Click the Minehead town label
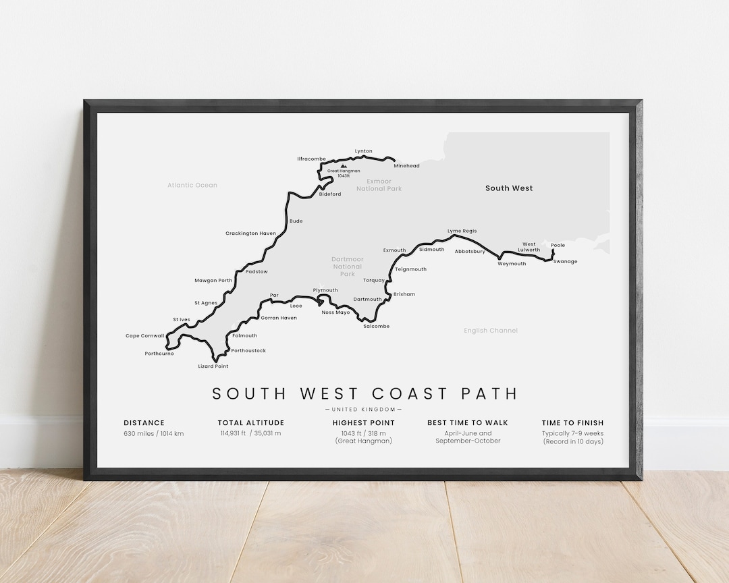407,166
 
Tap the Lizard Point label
213,366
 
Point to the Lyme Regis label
462,231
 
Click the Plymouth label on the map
325,290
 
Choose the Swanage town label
565,262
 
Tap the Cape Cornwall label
144,336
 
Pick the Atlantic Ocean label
192,185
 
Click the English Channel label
491,331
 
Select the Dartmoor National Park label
348,267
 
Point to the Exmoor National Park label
383,185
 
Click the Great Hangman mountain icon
344,165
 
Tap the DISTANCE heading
144,423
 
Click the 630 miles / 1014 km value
153,433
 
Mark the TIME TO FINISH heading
572,423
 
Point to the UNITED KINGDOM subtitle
364,410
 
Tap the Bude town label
296,221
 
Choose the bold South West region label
509,188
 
